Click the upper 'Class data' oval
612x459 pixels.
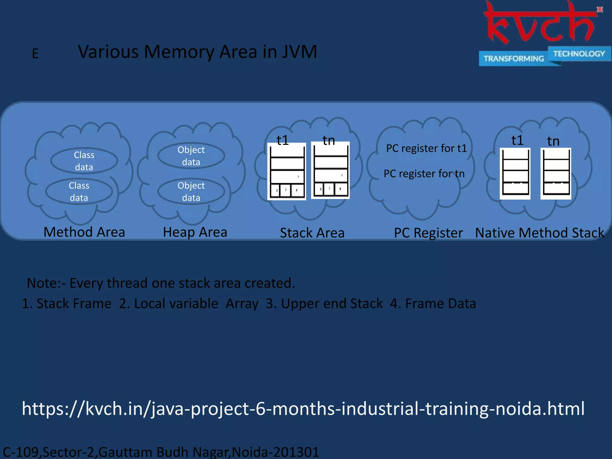tap(84, 161)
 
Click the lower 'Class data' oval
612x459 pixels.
tap(79, 192)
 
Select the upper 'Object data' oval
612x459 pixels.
tap(191, 156)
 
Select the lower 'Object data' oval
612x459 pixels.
tap(191, 192)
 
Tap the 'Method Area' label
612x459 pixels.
tap(84, 232)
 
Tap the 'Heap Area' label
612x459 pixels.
tap(195, 232)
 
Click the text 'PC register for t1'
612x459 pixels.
tap(426, 148)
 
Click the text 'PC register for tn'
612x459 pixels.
tap(424, 174)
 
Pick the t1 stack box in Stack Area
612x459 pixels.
tap(287, 172)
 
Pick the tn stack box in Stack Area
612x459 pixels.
tap(330, 170)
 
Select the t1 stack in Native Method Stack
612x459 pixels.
tap(515, 174)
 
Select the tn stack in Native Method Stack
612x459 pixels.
tap(556, 174)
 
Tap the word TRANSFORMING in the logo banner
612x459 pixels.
tap(513, 59)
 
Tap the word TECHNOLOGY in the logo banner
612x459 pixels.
tap(579, 54)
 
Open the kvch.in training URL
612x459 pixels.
tap(303, 408)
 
